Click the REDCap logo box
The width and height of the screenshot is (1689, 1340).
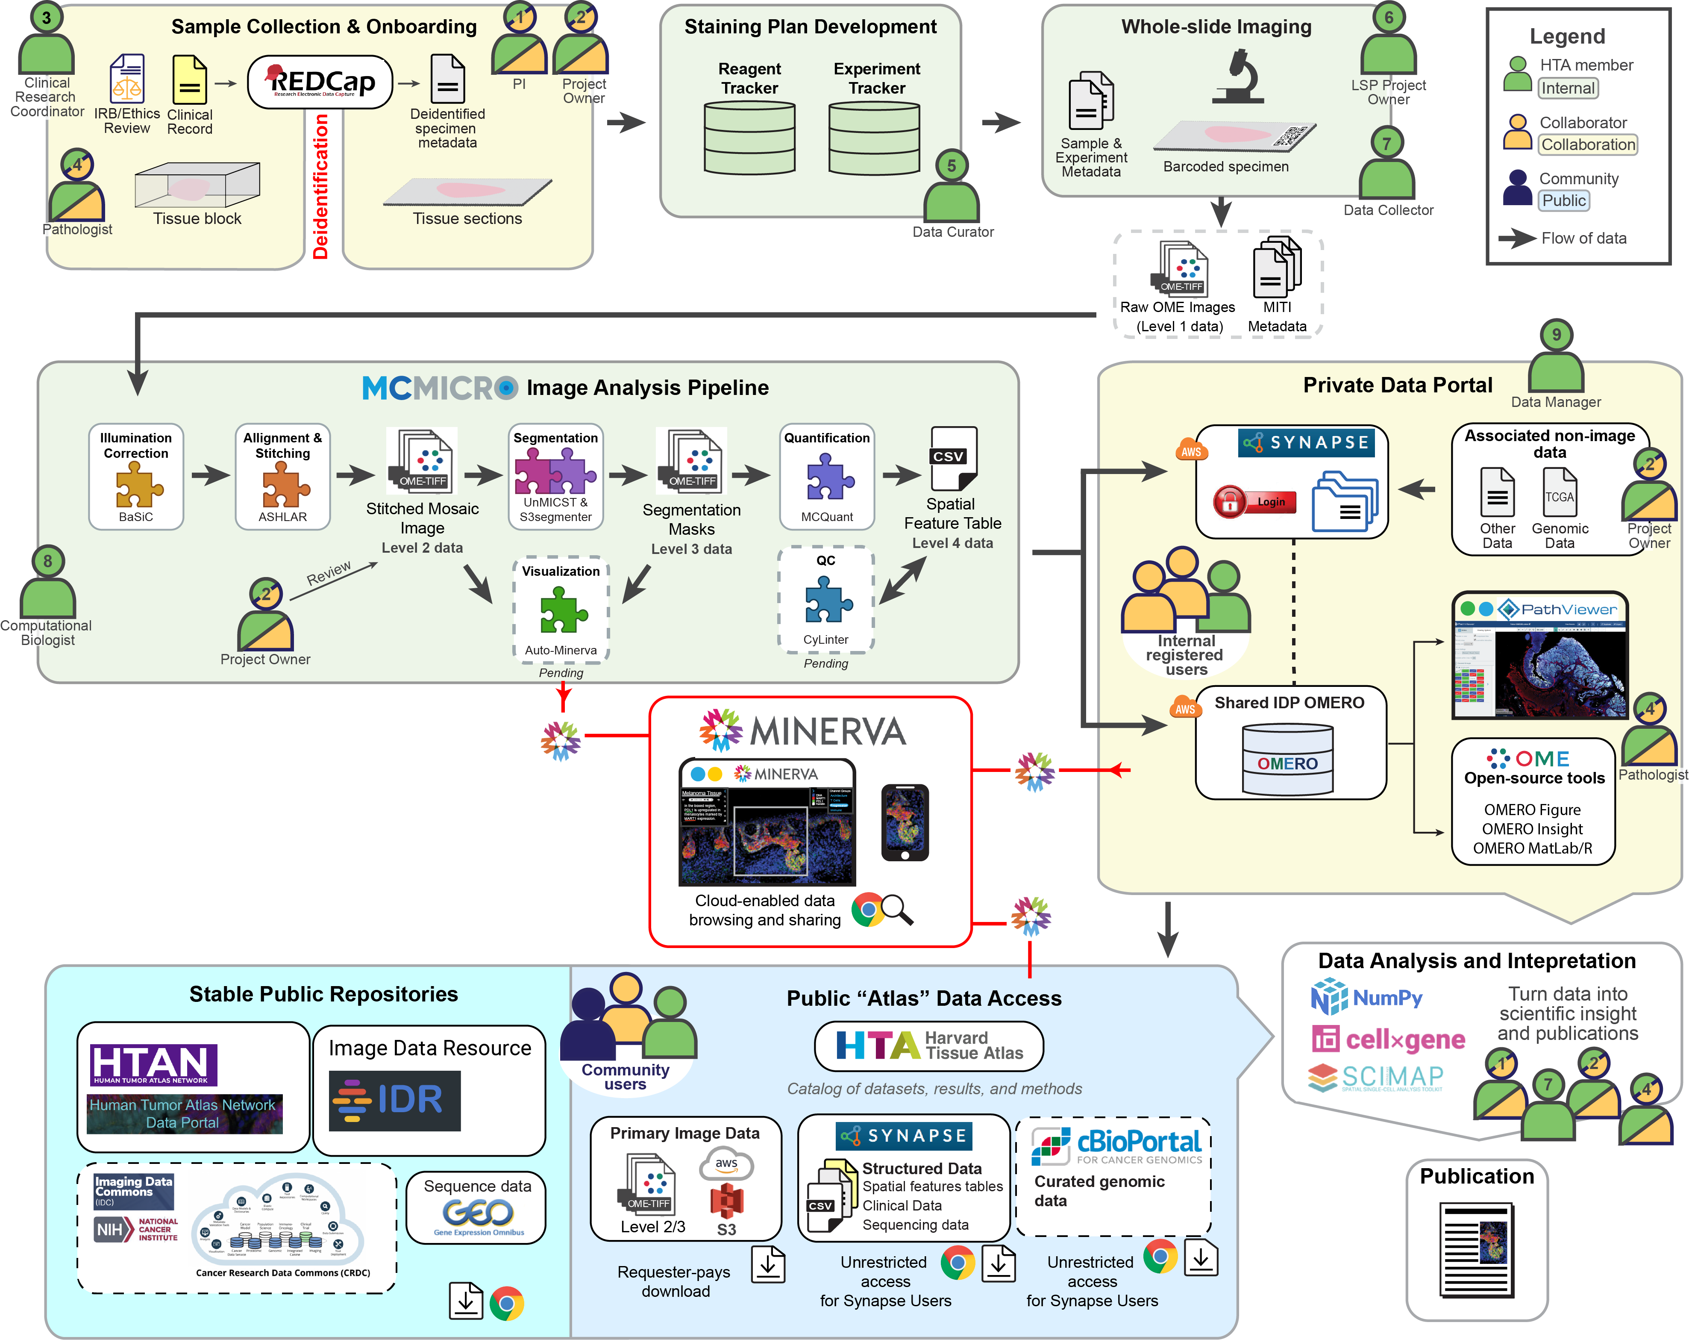click(320, 82)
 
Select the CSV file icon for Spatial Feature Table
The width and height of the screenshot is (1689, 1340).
click(953, 458)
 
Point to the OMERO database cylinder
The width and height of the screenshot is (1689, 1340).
click(1287, 759)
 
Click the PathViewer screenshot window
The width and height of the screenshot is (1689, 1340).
click(1539, 657)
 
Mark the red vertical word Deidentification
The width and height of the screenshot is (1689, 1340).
click(320, 186)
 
